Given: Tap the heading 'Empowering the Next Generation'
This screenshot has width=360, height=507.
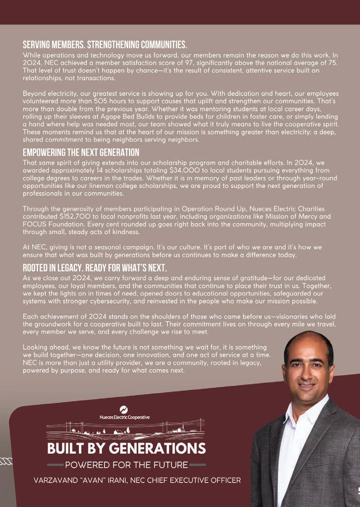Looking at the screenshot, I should click(x=81, y=152).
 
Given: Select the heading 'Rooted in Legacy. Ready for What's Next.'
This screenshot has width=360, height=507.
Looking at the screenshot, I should click(x=95, y=268).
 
